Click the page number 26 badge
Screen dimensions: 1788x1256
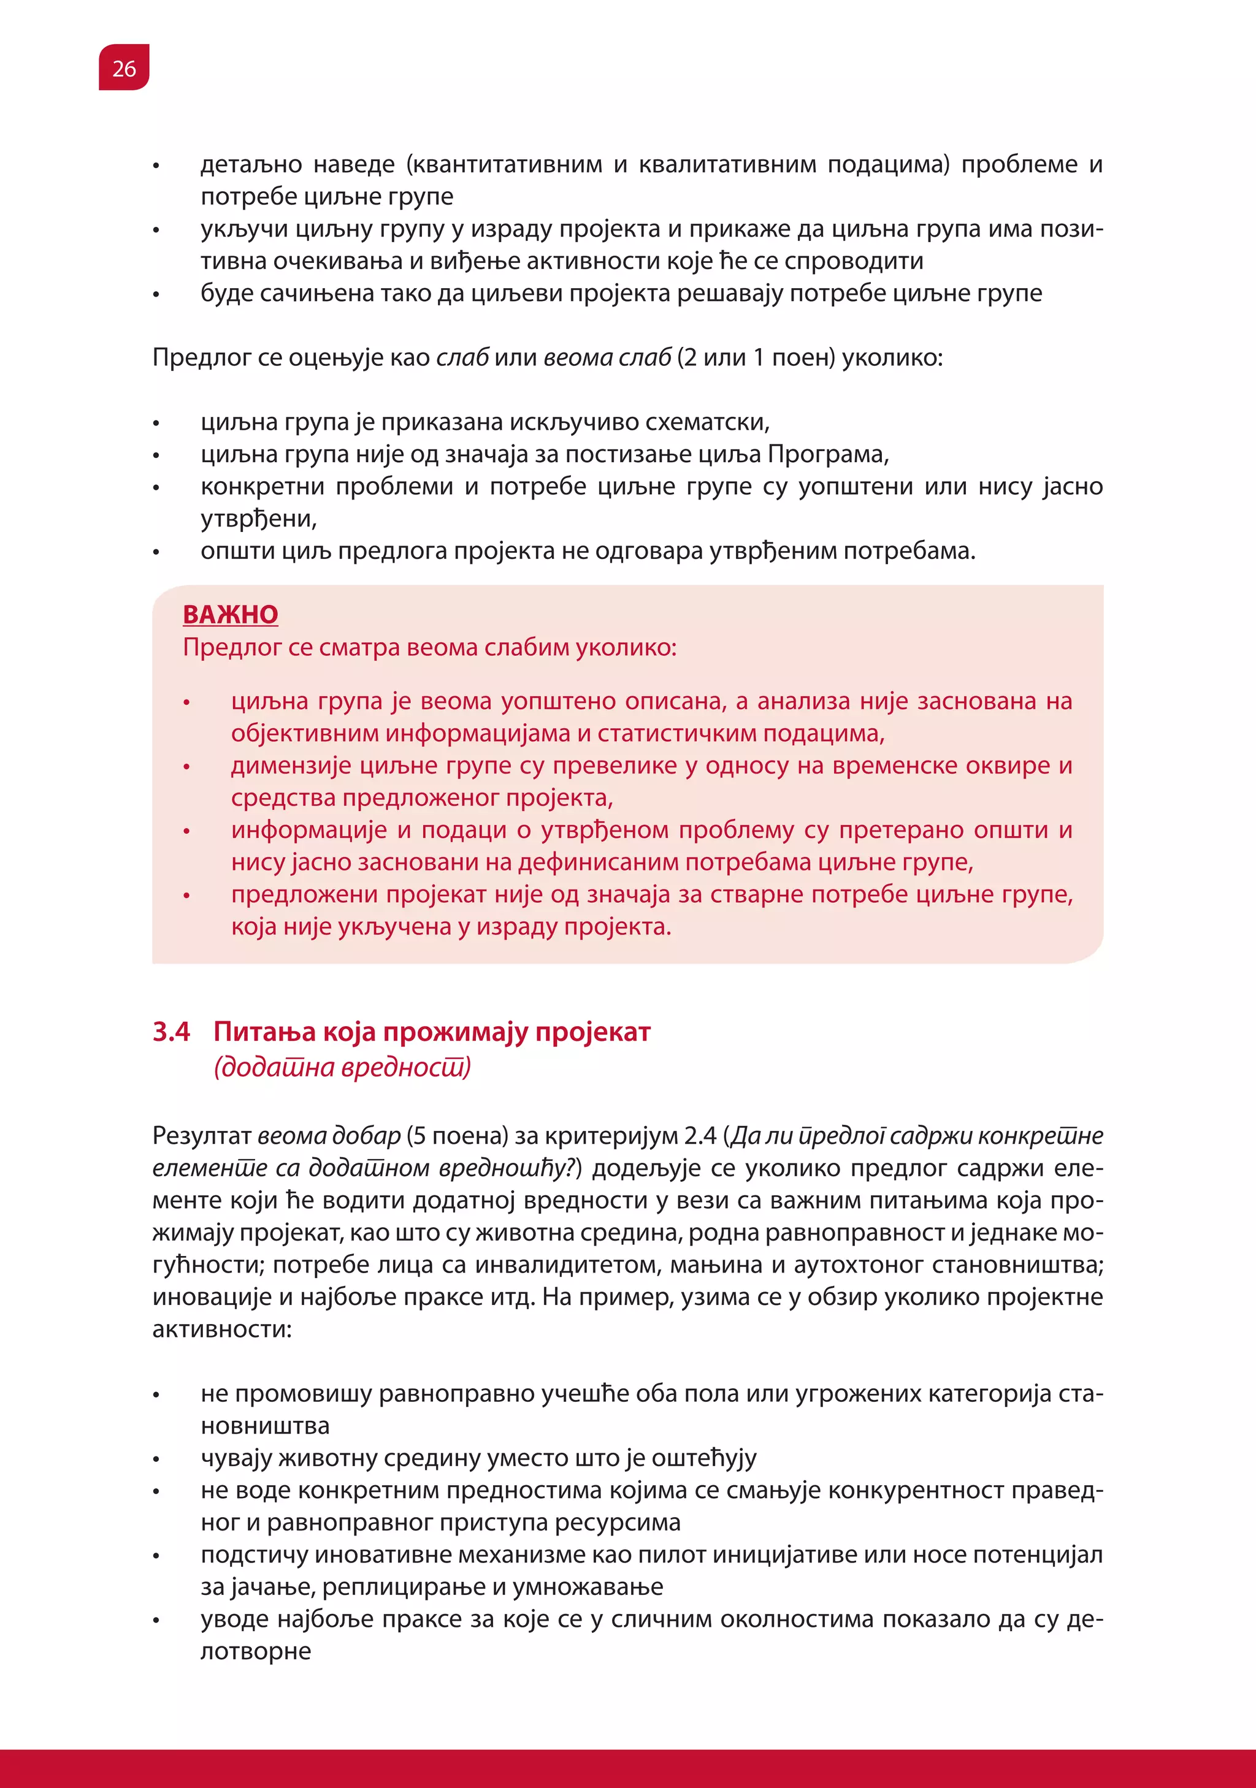click(x=124, y=69)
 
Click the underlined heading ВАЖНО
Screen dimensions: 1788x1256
click(x=230, y=614)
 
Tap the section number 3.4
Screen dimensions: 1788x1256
click(x=172, y=1032)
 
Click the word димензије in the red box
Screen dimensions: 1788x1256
click(x=291, y=766)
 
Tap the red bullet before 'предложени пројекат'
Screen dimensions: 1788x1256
click(x=186, y=896)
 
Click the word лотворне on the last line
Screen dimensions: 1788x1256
click(x=256, y=1650)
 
